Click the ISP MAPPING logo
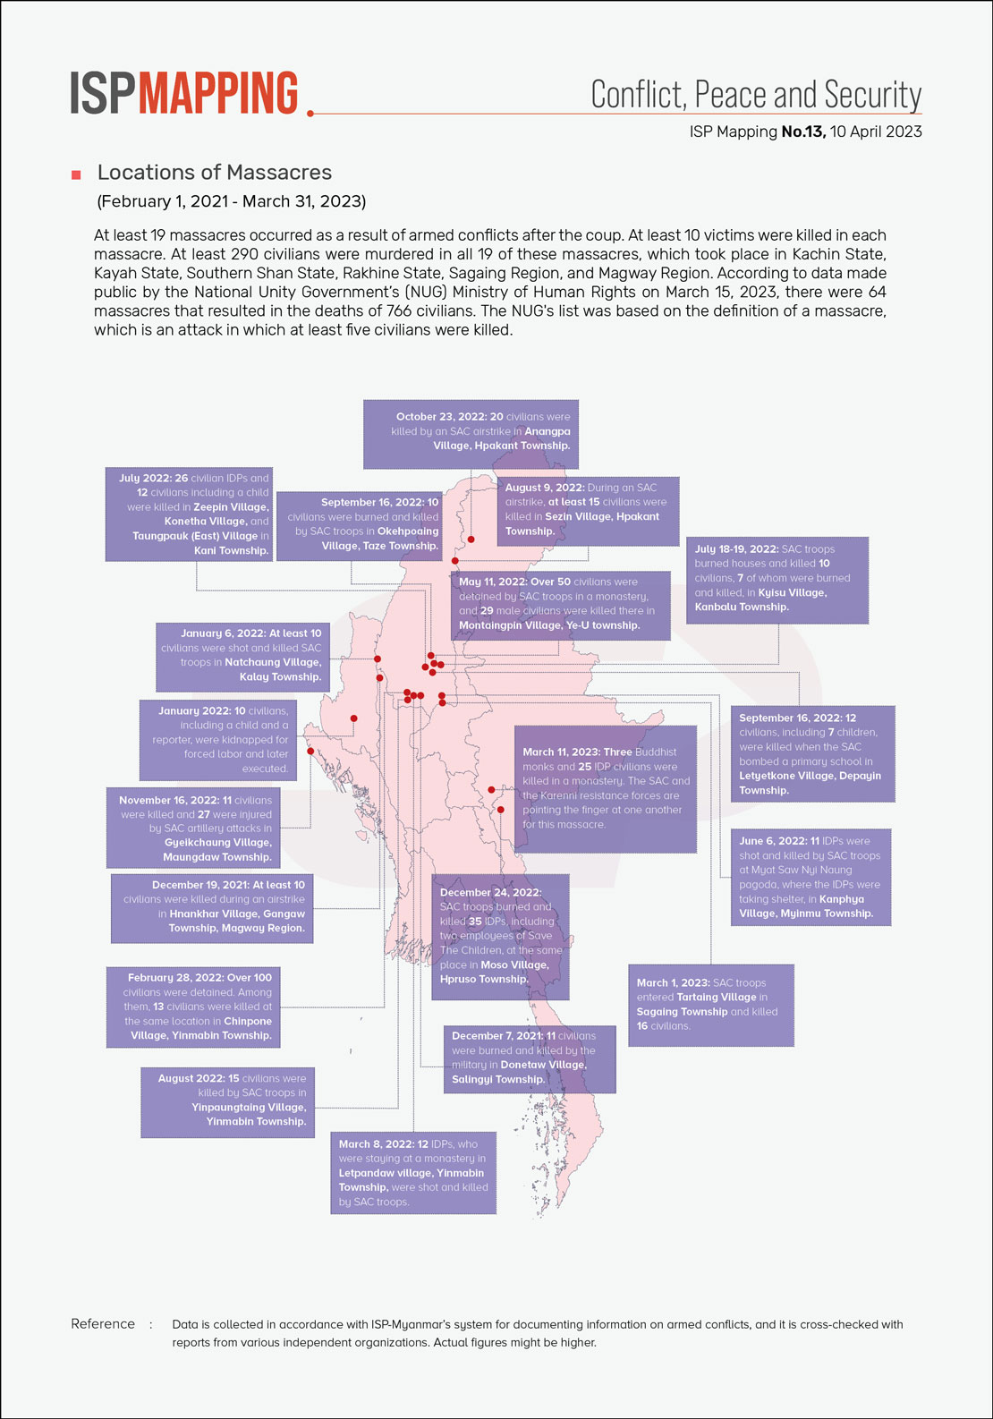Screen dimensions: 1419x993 184,94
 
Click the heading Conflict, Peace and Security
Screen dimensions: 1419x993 756,95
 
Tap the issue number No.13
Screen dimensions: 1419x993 802,132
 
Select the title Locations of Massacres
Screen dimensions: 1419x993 215,173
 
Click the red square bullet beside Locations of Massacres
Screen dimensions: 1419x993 76,174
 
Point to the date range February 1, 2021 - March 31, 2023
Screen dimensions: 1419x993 232,201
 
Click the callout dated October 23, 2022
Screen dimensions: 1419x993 471,433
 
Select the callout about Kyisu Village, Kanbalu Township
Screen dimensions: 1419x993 777,579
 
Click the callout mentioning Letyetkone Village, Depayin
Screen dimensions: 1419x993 812,753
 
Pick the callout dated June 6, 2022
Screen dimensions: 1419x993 811,877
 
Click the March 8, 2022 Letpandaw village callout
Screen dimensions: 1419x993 413,1173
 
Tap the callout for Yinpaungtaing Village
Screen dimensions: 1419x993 228,1100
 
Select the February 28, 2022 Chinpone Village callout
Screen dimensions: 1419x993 192,1007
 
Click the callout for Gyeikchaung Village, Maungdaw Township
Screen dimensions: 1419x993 192,828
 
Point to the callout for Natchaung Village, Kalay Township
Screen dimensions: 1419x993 242,656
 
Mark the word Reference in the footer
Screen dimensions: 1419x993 103,1324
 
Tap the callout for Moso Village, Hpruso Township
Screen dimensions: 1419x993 500,936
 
